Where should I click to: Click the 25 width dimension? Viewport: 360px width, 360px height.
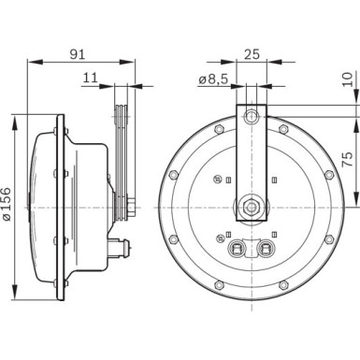(x=251, y=53)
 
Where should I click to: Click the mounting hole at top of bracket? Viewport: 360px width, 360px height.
(x=251, y=116)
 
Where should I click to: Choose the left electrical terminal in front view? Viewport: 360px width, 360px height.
(x=237, y=248)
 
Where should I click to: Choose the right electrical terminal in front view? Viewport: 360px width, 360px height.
(x=267, y=248)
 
